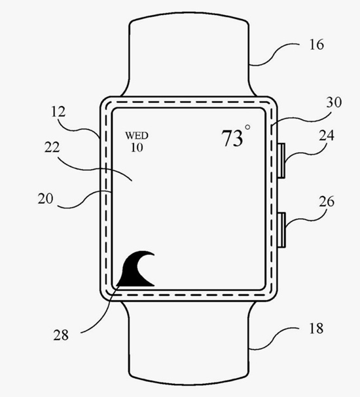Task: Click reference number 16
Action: (317, 45)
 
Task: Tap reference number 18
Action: (316, 328)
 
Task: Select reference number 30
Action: (334, 102)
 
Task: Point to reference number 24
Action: (327, 135)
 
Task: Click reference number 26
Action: (327, 202)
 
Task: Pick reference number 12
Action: (58, 111)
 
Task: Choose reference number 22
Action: (52, 147)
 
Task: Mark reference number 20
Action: (46, 198)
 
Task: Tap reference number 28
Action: (61, 335)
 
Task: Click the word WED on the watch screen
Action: (137, 136)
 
